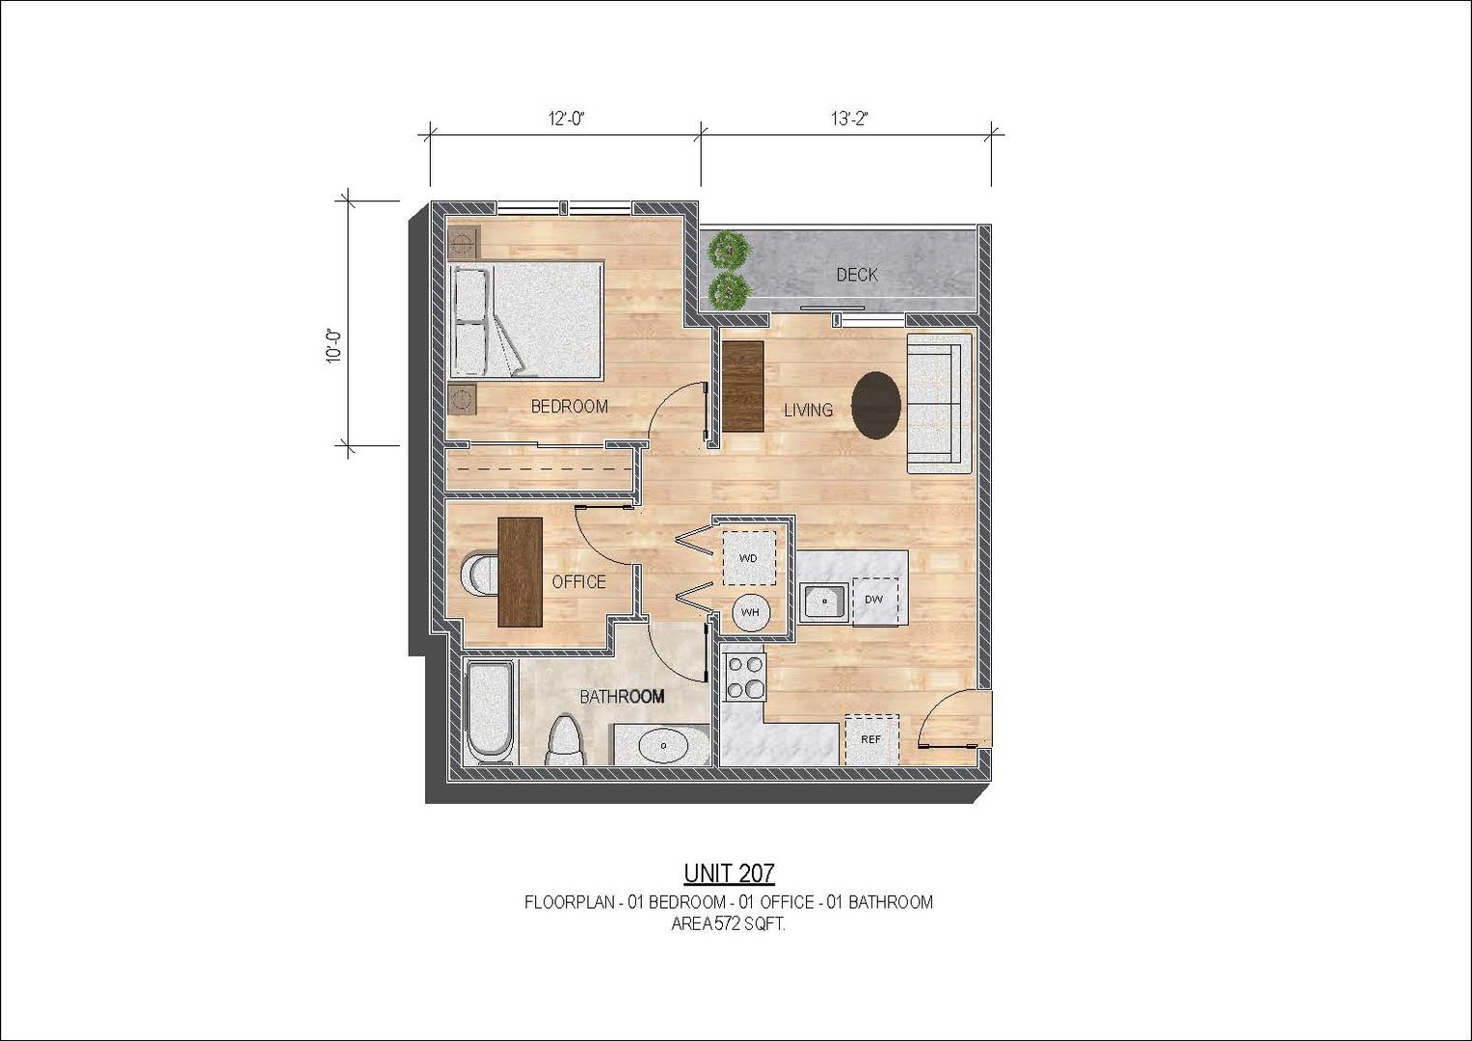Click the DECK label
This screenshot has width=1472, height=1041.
click(x=857, y=275)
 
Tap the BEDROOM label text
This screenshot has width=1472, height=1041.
click(x=569, y=407)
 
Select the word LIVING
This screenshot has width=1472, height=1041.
click(x=808, y=410)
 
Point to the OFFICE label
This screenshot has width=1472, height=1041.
click(x=578, y=581)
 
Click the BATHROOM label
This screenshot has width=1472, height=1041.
click(x=622, y=697)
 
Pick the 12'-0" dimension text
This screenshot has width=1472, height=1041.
click(x=566, y=119)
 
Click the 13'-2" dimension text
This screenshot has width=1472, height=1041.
click(x=849, y=119)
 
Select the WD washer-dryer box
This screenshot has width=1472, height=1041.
click(x=748, y=558)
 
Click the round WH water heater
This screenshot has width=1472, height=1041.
click(x=750, y=612)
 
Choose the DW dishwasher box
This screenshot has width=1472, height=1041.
click(x=874, y=600)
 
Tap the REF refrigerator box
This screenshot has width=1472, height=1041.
click(x=871, y=739)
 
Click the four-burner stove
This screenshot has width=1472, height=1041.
click(x=744, y=678)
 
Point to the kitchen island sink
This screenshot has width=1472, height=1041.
click(x=822, y=601)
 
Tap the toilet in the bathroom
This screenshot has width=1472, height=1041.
click(x=566, y=740)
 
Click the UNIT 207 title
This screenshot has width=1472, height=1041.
click(x=729, y=873)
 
